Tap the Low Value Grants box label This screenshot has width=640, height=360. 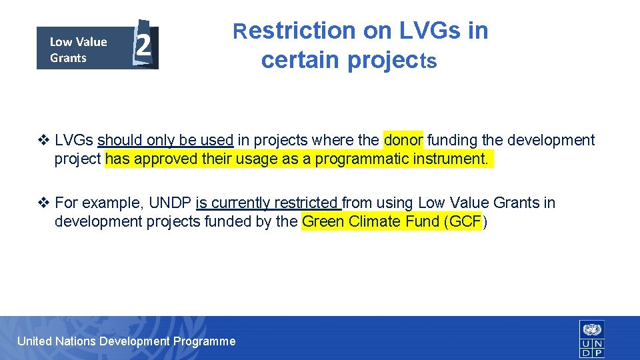[x=78, y=49]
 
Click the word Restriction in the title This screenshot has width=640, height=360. [x=294, y=31]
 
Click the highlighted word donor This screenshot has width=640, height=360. [x=403, y=140]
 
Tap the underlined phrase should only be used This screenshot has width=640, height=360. [x=165, y=140]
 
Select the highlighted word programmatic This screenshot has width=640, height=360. [x=359, y=159]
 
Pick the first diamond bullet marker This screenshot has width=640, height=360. [x=44, y=140]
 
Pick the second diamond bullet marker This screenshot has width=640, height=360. [x=44, y=203]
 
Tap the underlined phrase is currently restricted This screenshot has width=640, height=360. [x=268, y=203]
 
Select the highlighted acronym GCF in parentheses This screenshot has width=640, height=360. [x=465, y=222]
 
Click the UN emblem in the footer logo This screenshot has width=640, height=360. [x=592, y=329]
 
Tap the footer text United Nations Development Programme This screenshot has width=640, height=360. [x=126, y=341]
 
